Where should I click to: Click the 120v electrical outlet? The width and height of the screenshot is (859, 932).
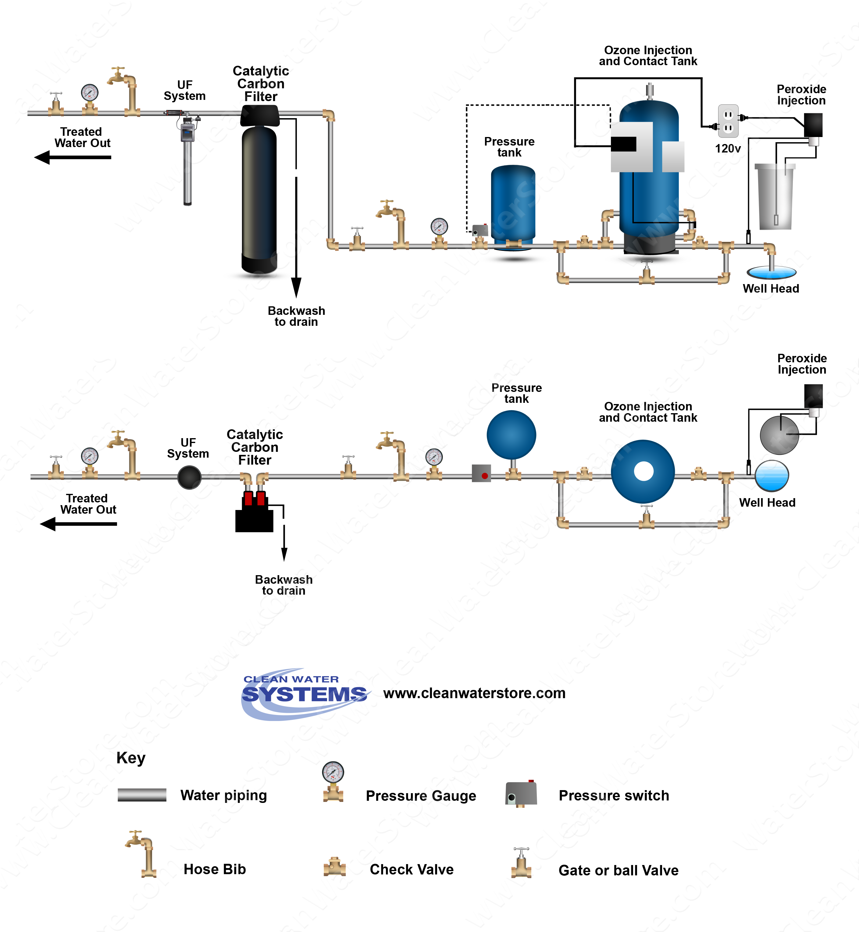[x=728, y=121]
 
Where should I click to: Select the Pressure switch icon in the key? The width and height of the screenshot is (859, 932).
[x=521, y=794]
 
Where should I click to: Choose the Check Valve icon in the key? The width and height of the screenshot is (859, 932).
[x=334, y=867]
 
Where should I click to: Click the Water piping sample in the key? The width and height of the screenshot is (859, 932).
[x=142, y=795]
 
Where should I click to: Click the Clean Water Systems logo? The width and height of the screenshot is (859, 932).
[x=305, y=694]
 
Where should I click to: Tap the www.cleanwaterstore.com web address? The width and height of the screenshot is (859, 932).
[x=474, y=693]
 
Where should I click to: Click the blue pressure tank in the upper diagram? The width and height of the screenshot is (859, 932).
[x=513, y=204]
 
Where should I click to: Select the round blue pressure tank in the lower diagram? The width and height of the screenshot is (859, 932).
[x=511, y=435]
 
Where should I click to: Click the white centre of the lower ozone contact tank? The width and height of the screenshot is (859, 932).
[x=643, y=471]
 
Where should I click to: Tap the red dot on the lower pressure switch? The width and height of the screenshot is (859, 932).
[x=485, y=476]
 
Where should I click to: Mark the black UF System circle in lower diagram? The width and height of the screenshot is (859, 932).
[x=189, y=477]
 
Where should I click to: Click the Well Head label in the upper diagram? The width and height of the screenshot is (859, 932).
[x=771, y=288]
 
